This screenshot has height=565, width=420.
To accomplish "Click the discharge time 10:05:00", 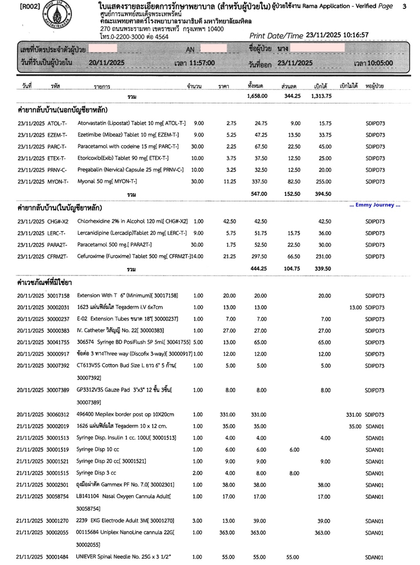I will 386,63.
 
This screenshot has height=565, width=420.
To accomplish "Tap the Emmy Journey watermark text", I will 374,205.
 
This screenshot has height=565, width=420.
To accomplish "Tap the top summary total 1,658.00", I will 257,97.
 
